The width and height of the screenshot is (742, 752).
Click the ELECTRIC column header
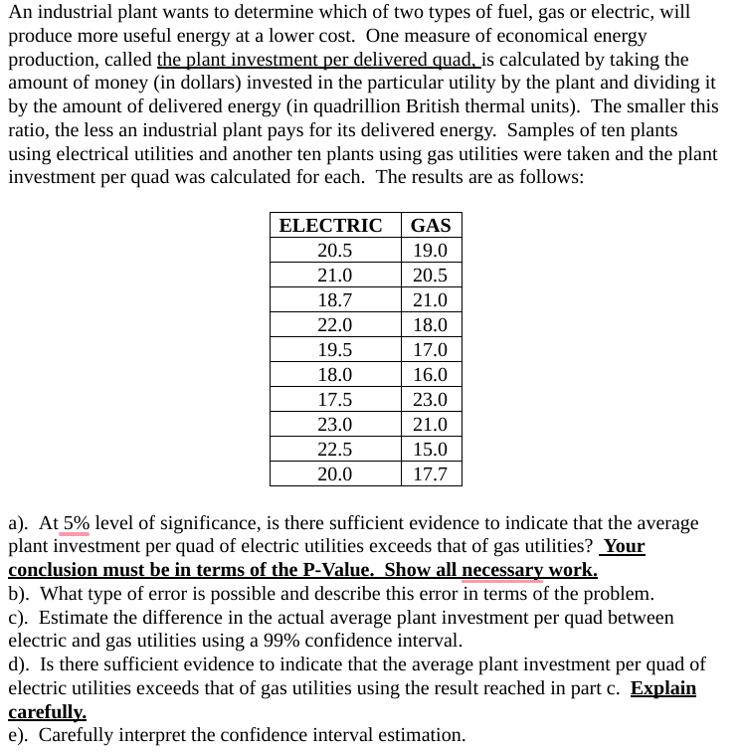click(330, 226)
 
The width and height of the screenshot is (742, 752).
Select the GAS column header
click(430, 226)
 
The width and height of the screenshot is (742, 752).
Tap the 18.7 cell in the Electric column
click(334, 300)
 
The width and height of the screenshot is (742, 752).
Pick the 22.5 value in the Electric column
click(334, 450)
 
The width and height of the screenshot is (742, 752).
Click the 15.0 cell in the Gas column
click(430, 450)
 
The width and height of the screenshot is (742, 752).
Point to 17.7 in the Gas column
click(430, 474)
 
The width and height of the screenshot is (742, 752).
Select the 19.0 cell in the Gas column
click(430, 251)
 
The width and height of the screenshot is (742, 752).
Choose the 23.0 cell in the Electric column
click(334, 425)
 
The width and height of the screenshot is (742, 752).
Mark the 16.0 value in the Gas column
click(430, 375)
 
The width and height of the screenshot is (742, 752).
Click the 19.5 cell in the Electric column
click(334, 350)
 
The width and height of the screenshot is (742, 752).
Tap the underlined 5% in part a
click(77, 523)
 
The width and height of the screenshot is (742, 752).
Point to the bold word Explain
click(662, 688)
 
